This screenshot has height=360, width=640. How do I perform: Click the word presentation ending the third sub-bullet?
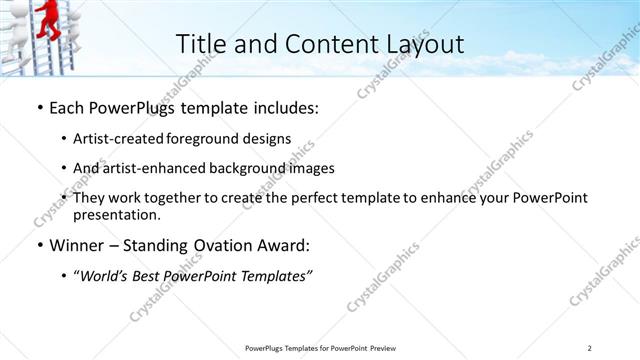[x=122, y=215]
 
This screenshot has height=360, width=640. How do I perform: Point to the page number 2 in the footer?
[x=589, y=348]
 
